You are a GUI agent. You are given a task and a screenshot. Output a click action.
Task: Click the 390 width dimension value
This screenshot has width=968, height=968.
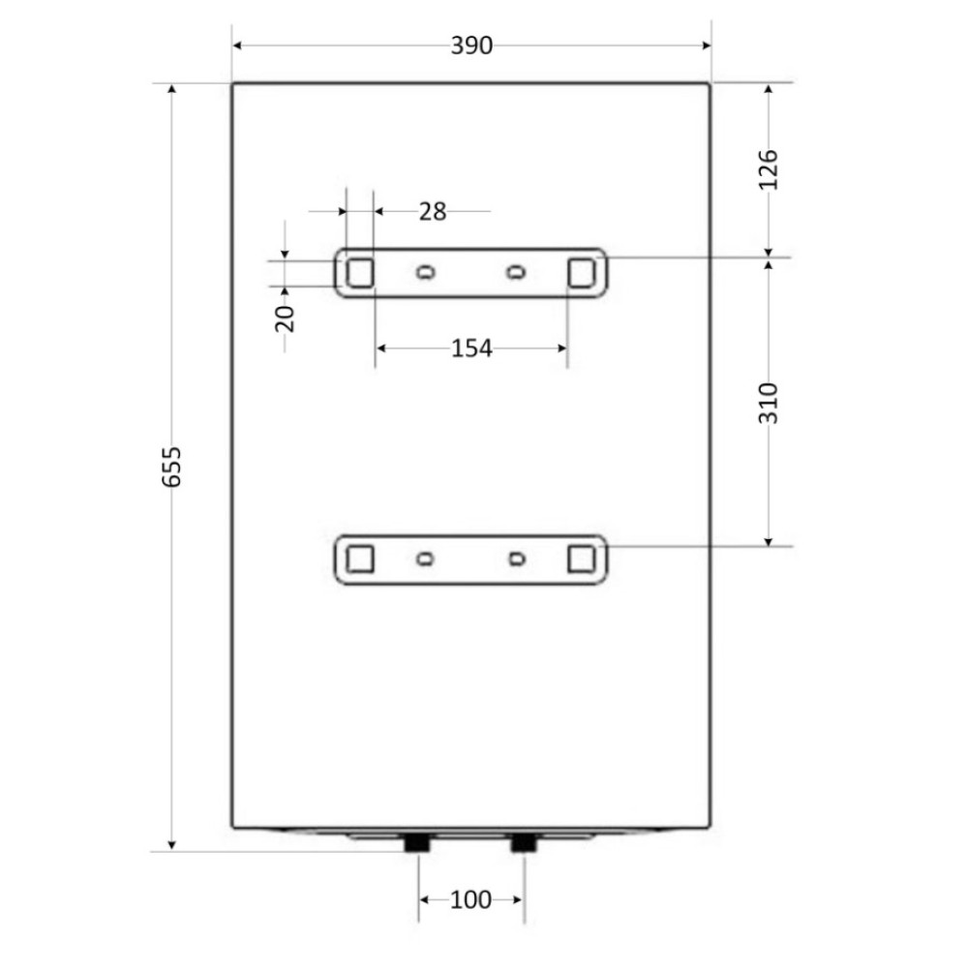[x=471, y=45]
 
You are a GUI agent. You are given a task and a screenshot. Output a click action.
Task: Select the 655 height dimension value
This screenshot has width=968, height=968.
[x=171, y=467]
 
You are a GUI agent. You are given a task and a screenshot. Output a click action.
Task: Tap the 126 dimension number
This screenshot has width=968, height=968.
[x=768, y=169]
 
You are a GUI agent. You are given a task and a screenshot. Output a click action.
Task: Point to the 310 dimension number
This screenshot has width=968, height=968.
[x=768, y=403]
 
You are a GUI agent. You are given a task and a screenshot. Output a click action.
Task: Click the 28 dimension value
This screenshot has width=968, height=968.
[x=433, y=212]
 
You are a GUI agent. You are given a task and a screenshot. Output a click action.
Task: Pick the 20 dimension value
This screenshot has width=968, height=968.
[x=285, y=318]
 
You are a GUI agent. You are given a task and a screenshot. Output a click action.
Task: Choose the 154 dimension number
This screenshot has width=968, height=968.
[x=471, y=348]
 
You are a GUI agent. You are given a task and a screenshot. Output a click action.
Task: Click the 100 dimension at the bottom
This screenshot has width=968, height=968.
[x=471, y=900]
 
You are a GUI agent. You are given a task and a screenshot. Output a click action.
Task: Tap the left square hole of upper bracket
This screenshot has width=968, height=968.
[x=360, y=273]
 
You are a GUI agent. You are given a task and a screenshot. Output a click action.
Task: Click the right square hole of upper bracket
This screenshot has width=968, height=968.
[x=582, y=273]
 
